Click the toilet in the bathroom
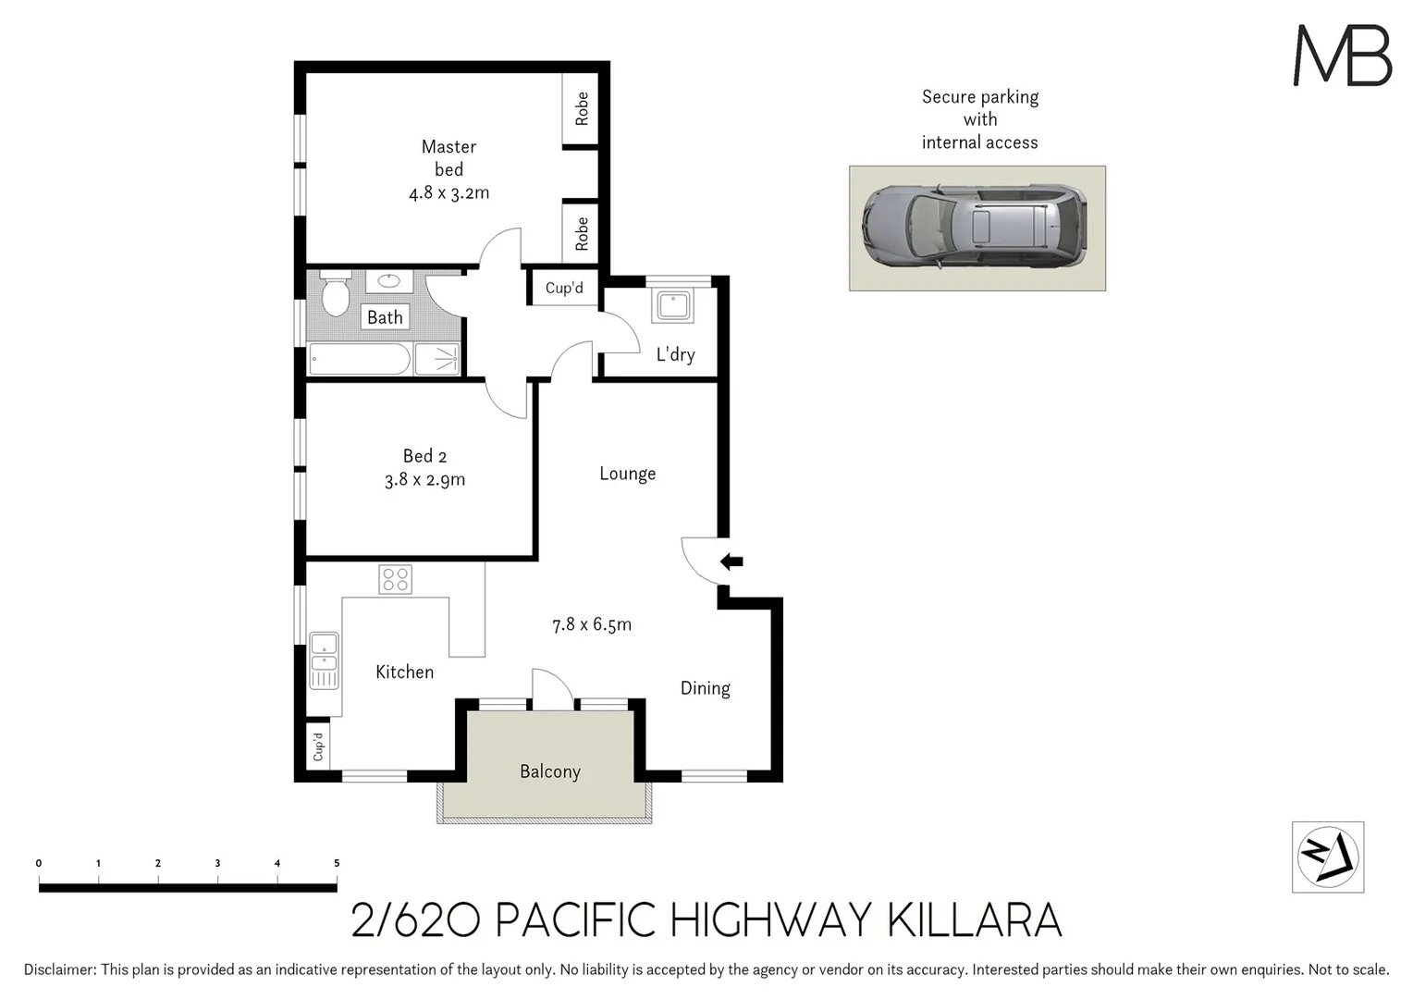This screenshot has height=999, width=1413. (x=334, y=294)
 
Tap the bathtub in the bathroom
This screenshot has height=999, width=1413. (x=360, y=360)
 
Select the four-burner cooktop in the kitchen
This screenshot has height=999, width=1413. (x=395, y=580)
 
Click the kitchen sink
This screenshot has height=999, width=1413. (x=324, y=660)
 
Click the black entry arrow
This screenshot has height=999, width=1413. (x=731, y=561)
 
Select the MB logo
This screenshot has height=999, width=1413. (x=1342, y=56)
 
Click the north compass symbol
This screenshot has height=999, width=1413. (x=1327, y=857)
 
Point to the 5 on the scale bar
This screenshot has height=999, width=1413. (x=337, y=863)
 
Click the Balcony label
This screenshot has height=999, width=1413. (x=549, y=771)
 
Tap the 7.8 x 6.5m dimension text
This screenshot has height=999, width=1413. (x=592, y=624)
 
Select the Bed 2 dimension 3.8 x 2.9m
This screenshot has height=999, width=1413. (x=424, y=480)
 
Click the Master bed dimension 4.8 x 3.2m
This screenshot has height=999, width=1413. (x=448, y=193)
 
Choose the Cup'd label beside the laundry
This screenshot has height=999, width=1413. (x=564, y=288)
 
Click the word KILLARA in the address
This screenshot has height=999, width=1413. (x=974, y=920)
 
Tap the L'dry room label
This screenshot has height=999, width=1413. (x=675, y=354)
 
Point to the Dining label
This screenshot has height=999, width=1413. (x=705, y=688)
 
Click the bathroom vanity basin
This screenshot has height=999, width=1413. (x=389, y=281)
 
